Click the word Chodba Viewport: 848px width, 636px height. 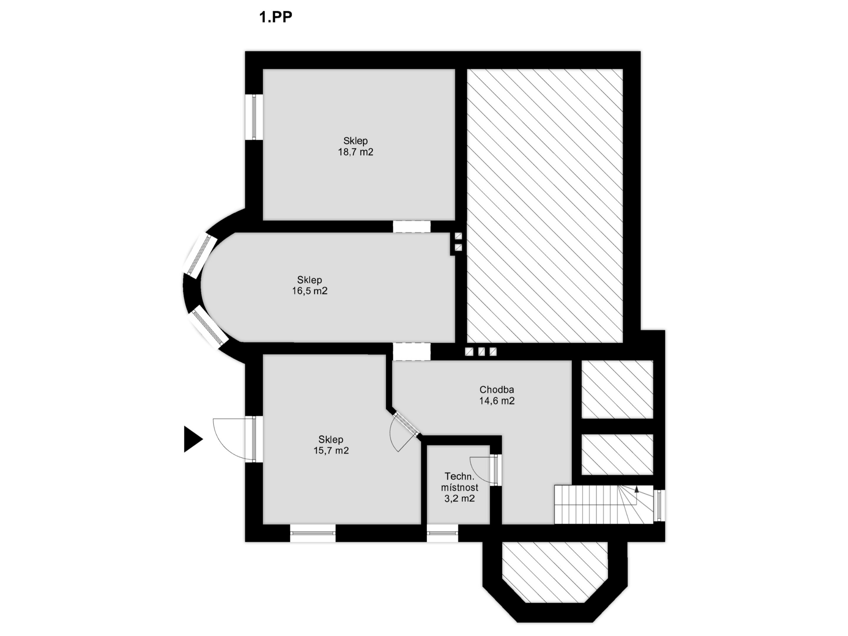coord(496,390)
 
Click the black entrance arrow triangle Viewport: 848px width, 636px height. coord(192,439)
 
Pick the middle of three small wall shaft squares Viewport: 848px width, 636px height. coord(481,352)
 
